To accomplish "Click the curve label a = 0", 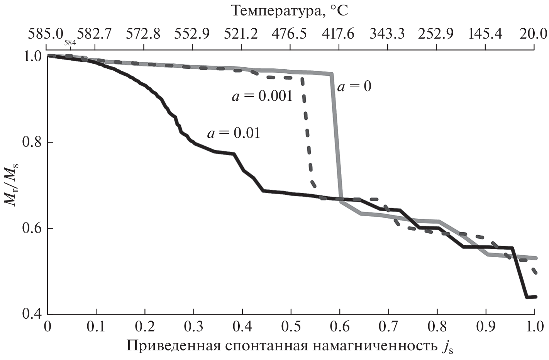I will (x=354, y=87).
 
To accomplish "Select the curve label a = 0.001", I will (x=262, y=96).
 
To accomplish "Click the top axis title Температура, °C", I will (x=290, y=11).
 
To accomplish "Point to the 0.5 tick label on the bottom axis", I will (x=291, y=328).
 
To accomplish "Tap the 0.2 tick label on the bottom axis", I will (x=145, y=328).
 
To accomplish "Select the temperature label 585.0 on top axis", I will (x=45, y=34).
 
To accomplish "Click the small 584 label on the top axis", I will (x=70, y=43).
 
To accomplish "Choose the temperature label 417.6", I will (x=339, y=34).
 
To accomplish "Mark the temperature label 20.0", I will (x=533, y=34).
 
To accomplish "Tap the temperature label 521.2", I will (x=241, y=34).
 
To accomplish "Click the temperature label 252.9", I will (x=437, y=34).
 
